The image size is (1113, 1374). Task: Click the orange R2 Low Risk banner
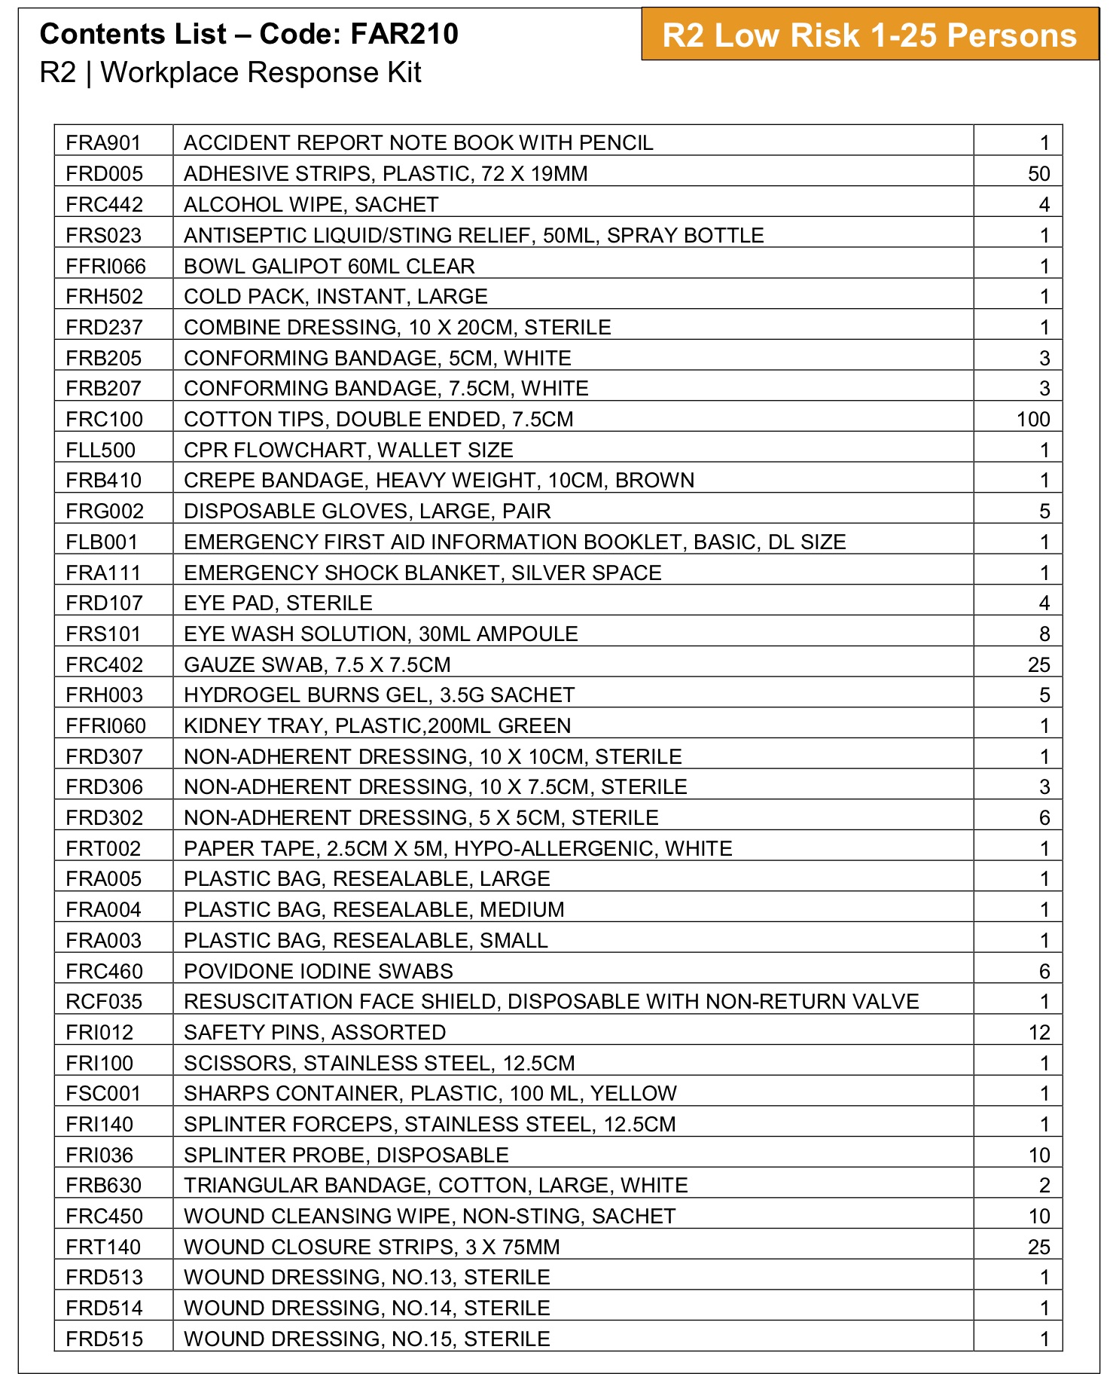coord(869,35)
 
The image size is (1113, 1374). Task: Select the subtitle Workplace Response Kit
coord(261,73)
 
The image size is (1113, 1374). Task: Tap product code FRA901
coord(103,143)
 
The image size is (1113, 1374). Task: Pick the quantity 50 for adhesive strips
coord(1038,174)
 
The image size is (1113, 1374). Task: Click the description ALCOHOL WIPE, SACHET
coord(311,205)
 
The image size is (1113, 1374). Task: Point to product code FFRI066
coord(106,267)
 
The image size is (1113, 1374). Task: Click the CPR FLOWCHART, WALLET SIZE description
coord(349,450)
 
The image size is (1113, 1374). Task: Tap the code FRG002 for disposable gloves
coord(105,511)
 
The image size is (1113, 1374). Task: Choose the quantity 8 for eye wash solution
coord(1044,634)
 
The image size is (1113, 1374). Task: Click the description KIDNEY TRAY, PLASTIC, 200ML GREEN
coord(377,726)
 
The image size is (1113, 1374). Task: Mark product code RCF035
coord(104,1002)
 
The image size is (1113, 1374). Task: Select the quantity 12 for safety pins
coord(1038,1033)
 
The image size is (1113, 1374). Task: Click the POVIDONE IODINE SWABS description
coord(319,972)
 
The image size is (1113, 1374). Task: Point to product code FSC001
coord(103,1094)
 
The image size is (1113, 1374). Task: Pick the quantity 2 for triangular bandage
coord(1044,1186)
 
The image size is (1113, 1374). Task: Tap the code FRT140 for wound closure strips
coord(103,1247)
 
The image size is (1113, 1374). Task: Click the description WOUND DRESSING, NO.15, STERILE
coord(367,1339)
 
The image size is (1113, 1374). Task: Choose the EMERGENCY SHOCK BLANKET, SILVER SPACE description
coord(422,573)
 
